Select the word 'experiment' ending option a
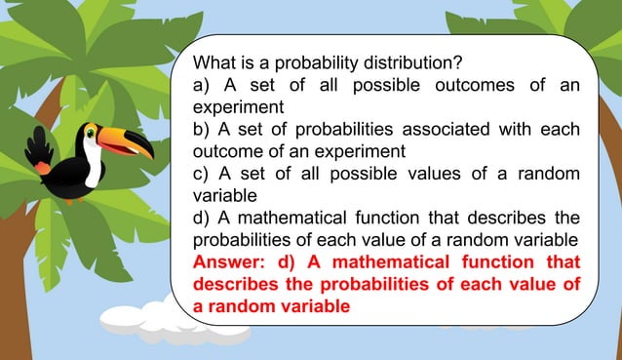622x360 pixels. (238, 107)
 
